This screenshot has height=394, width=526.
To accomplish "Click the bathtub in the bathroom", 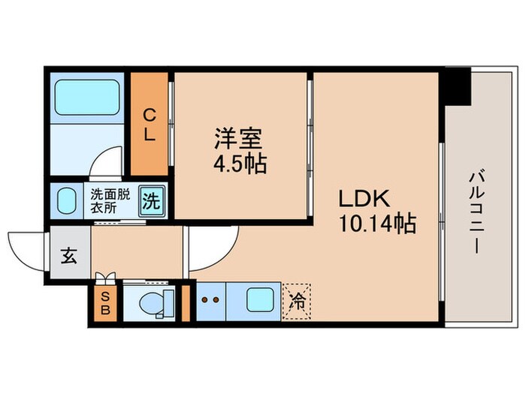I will point(87,97).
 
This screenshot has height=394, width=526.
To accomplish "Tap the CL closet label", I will point(150,125).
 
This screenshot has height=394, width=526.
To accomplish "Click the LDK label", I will point(363,200).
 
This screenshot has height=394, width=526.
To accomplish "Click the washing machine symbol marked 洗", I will point(153,201).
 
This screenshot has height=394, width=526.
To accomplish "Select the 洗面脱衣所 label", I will point(110,200).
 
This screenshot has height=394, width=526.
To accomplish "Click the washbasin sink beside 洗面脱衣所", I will point(68,201).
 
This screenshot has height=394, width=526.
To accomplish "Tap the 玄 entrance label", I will point(68,255).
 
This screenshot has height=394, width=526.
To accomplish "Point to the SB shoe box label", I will point(105,302).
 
